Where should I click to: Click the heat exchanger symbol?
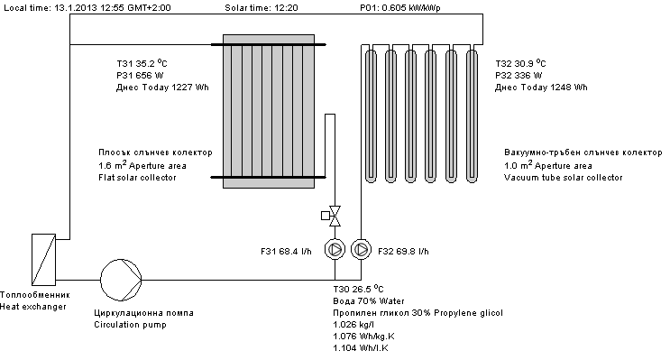(x=43, y=260)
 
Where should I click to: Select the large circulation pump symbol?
(x=121, y=280)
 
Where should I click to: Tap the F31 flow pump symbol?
(x=335, y=249)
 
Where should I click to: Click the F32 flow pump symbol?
(x=361, y=249)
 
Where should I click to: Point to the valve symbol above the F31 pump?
(x=331, y=216)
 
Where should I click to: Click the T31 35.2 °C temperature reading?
(x=142, y=63)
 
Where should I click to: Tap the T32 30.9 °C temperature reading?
(x=520, y=63)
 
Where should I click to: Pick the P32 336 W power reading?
(x=519, y=76)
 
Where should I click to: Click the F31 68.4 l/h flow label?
(x=286, y=252)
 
